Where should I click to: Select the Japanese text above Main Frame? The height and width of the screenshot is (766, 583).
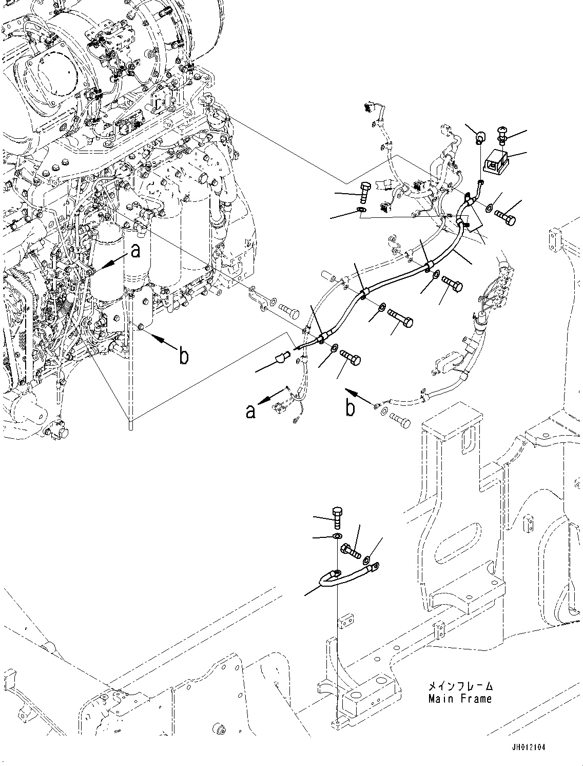coord(460,686)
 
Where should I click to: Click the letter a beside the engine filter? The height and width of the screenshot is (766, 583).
coord(135,251)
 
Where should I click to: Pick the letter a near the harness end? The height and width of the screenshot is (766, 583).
coord(250,411)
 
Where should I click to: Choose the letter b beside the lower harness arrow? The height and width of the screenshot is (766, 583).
coord(350,408)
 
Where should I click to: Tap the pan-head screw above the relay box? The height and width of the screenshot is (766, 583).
coord(502,136)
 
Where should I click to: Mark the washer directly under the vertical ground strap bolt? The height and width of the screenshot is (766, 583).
coord(337,536)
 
